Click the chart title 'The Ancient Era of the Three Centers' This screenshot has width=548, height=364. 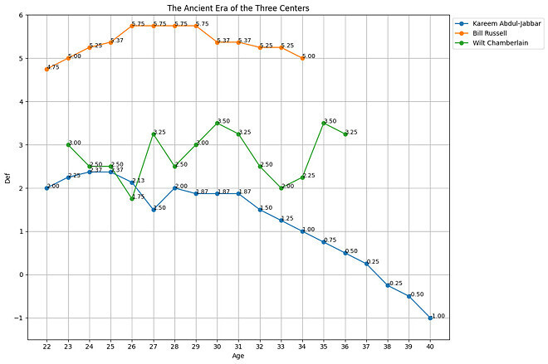coord(238,8)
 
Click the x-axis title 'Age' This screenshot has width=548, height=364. coord(238,356)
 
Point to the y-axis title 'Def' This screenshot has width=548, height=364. coord(8,177)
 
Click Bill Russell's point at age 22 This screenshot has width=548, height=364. coord(47,69)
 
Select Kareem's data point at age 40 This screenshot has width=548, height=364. coord(430,318)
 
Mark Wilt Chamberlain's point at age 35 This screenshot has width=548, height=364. coord(324,123)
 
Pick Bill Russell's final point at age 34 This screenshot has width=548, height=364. coord(302,58)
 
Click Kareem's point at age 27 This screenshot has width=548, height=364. coord(154,210)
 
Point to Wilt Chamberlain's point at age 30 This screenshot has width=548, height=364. coord(218,123)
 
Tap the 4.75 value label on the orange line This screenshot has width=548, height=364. coord(54,66)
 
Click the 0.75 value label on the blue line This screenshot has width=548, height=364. coord(330,240)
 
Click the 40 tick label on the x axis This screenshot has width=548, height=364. coord(430,345)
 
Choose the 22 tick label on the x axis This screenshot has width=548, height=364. coord(47,345)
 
